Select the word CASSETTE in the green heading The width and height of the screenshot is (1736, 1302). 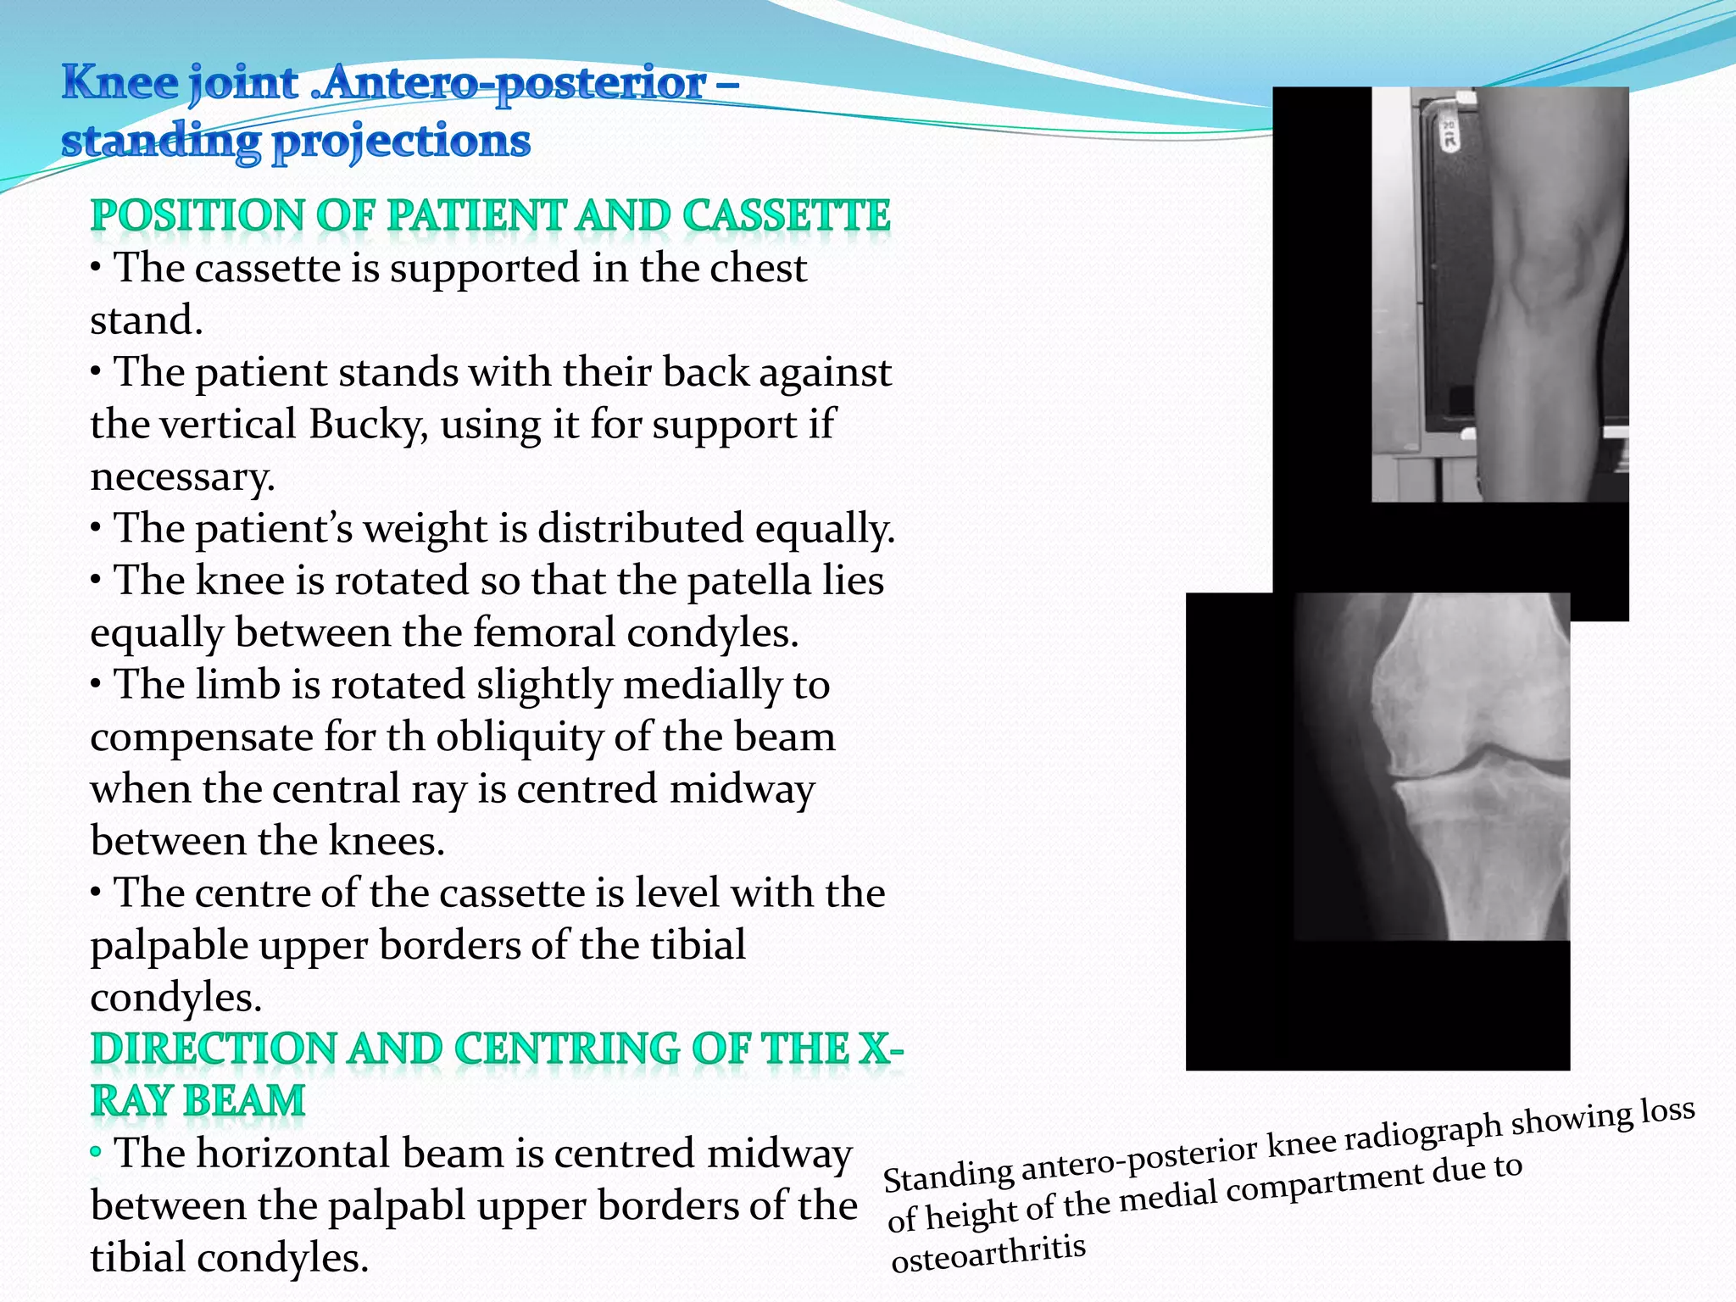click(x=786, y=215)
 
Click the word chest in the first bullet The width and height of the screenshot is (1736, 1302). click(x=758, y=269)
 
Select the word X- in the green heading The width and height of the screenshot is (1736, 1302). click(x=882, y=1049)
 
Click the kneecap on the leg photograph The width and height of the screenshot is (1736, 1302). click(x=1534, y=280)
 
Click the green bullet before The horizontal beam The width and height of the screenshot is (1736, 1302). click(x=96, y=1152)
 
